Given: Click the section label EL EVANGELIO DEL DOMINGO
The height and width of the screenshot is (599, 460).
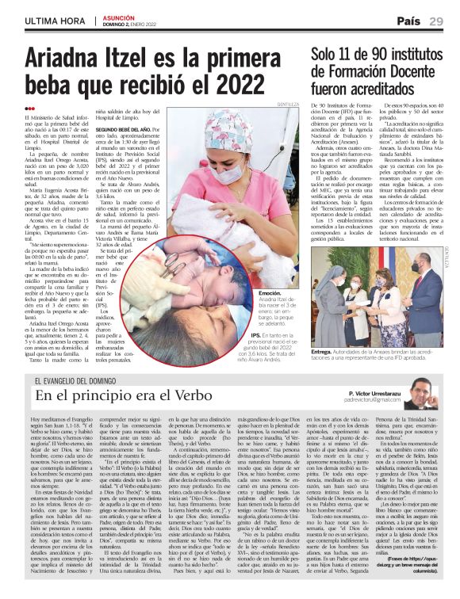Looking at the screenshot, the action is pos(90,381).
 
